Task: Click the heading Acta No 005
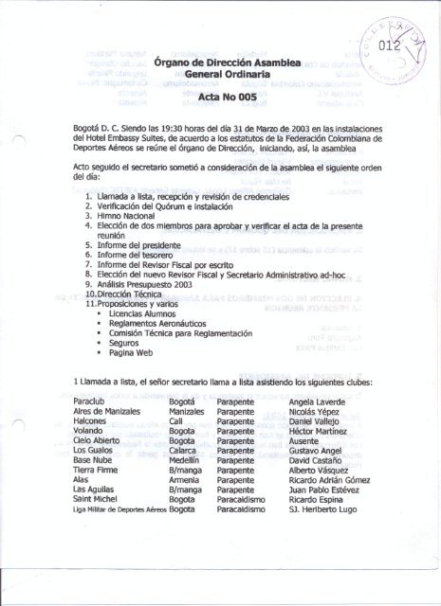click(x=221, y=97)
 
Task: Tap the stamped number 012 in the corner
click(x=390, y=44)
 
